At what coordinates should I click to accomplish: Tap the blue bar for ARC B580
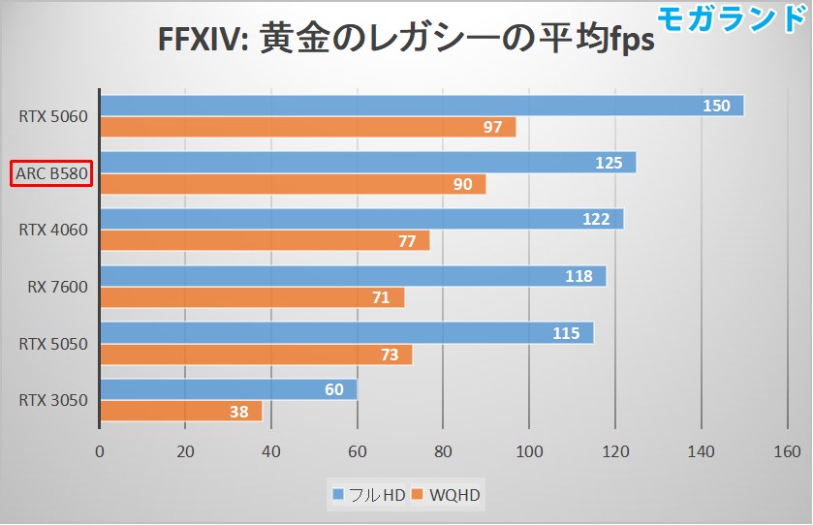(367, 163)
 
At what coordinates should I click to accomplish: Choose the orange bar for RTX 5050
(256, 355)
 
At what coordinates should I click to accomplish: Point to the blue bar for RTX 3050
(228, 389)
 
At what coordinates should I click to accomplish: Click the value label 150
(715, 106)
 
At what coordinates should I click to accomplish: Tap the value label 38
(237, 412)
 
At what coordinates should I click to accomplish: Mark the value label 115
(565, 333)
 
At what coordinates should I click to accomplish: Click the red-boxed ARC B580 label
(51, 174)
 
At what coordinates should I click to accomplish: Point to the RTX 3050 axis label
(53, 400)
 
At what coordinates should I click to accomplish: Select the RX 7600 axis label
(58, 287)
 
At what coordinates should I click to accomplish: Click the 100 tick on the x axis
(529, 450)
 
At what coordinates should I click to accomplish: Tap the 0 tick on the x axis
(100, 450)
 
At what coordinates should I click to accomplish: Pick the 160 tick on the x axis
(787, 450)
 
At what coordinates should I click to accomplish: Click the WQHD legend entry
(447, 496)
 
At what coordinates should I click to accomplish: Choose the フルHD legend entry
(368, 496)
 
